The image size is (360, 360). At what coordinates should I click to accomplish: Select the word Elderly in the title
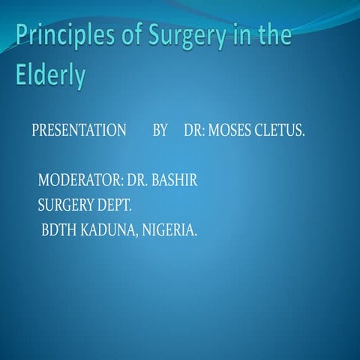click(x=49, y=76)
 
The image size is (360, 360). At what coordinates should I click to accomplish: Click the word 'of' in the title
click(x=129, y=36)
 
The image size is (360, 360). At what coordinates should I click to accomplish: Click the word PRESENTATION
click(x=79, y=131)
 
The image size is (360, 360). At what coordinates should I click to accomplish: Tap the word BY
click(x=160, y=131)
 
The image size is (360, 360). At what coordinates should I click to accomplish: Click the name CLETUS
click(x=280, y=131)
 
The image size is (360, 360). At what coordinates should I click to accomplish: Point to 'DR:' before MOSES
click(x=193, y=131)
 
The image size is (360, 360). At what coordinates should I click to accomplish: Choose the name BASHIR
click(x=174, y=181)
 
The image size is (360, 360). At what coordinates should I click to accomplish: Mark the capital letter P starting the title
click(x=22, y=36)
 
